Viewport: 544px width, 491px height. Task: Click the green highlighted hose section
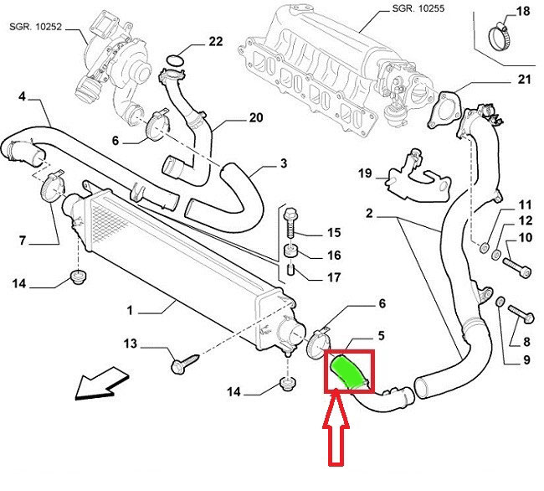point(348,372)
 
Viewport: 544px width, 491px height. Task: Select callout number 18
point(522,12)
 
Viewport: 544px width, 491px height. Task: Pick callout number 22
point(216,41)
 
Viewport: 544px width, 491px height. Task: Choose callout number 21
point(524,80)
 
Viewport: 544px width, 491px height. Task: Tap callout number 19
point(364,173)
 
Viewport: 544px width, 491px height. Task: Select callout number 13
point(131,344)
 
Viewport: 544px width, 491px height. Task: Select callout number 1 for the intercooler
point(131,310)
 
